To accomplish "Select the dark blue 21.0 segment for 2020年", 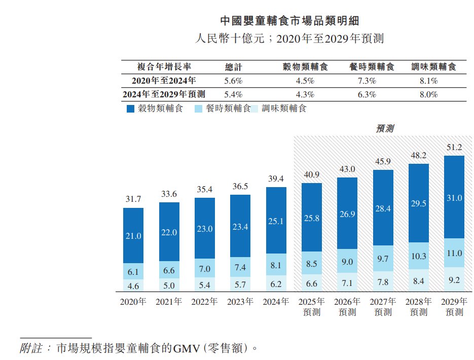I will pos(133,236).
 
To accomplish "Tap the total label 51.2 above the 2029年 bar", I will pos(454,148).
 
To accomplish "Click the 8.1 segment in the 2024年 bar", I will pos(276,265).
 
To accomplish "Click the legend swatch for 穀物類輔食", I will pos(130,109).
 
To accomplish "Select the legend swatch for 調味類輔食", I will pos(254,109).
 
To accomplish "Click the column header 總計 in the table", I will pos(234,67).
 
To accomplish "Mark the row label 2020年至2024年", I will pos(163,81).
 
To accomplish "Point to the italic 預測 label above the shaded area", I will pos(385,129).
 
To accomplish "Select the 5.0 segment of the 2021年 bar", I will pos(169,285).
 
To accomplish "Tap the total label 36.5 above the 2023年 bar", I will pos(240,186).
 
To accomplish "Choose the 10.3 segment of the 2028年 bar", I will pos(418,257).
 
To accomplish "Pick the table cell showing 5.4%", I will pos(234,94).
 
